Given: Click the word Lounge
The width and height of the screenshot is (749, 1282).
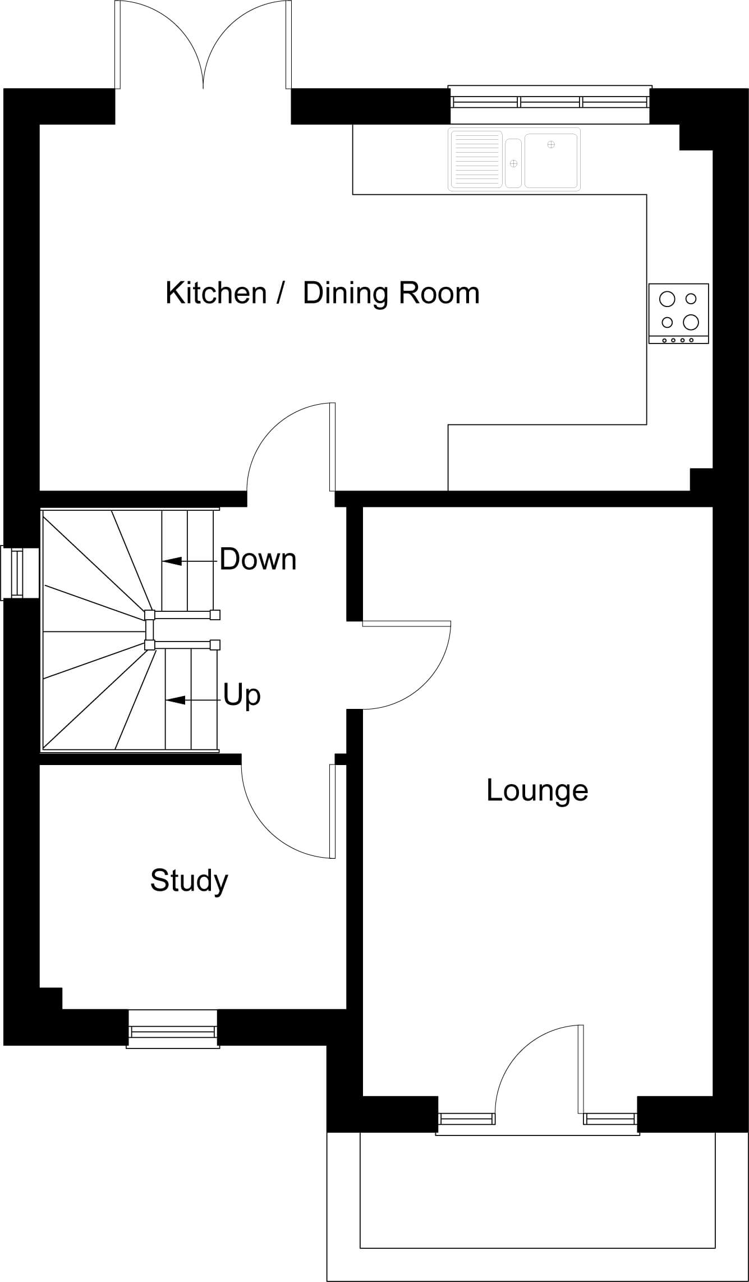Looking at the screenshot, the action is coord(537,791).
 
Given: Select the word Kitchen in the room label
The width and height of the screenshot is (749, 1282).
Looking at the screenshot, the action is coord(216,293).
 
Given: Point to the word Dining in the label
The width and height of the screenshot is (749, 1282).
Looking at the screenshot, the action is coord(344,294).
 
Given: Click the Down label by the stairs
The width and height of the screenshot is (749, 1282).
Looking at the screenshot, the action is coord(258,560).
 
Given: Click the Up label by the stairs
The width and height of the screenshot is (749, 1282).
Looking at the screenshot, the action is coord(242,696).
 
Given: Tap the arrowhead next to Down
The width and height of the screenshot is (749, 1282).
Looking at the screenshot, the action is coord(172,561).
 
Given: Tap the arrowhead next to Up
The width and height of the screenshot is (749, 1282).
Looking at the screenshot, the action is coord(175,700).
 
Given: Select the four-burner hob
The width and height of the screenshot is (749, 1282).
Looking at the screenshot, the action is coord(678,313).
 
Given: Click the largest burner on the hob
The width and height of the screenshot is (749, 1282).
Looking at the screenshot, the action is coord(691,322).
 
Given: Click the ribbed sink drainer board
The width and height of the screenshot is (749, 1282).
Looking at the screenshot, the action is coord(475,159).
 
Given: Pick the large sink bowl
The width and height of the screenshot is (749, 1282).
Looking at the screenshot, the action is coord(551,161).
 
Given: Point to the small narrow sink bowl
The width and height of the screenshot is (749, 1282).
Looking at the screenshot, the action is coord(513,163).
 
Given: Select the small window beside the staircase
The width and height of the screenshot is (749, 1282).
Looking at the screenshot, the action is coord(20,573).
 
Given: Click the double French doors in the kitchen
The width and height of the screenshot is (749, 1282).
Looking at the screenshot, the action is coord(203,45).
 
